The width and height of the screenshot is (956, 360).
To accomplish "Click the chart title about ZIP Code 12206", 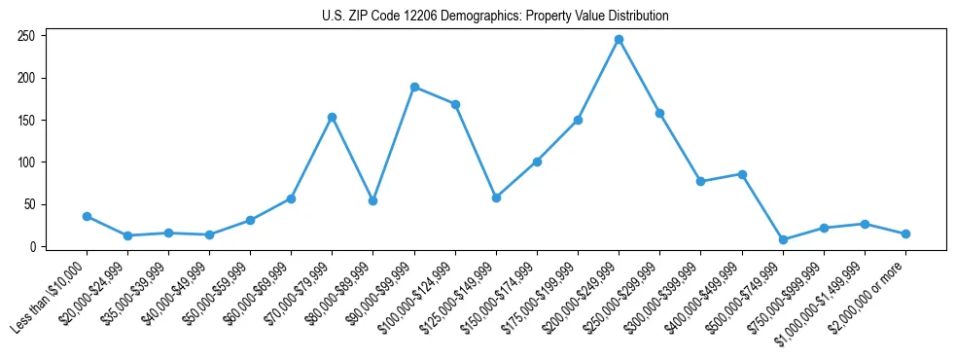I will [x=495, y=17].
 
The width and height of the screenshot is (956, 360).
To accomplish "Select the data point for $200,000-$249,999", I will [x=619, y=40].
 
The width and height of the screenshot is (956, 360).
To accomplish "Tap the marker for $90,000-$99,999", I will [x=414, y=87].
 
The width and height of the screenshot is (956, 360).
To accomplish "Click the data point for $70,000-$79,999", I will [x=333, y=117].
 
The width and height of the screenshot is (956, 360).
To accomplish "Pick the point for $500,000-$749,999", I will [x=783, y=239].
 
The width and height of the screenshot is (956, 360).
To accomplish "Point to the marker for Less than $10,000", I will [x=87, y=216].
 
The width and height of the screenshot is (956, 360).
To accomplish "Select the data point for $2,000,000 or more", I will [x=905, y=234].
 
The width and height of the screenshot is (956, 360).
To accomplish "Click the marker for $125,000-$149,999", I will [x=496, y=198].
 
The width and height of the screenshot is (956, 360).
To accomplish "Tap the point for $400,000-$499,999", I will [x=742, y=174].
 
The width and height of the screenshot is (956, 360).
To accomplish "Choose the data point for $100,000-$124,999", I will [x=455, y=104].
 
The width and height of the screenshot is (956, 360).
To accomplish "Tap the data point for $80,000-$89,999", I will [x=373, y=200].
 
